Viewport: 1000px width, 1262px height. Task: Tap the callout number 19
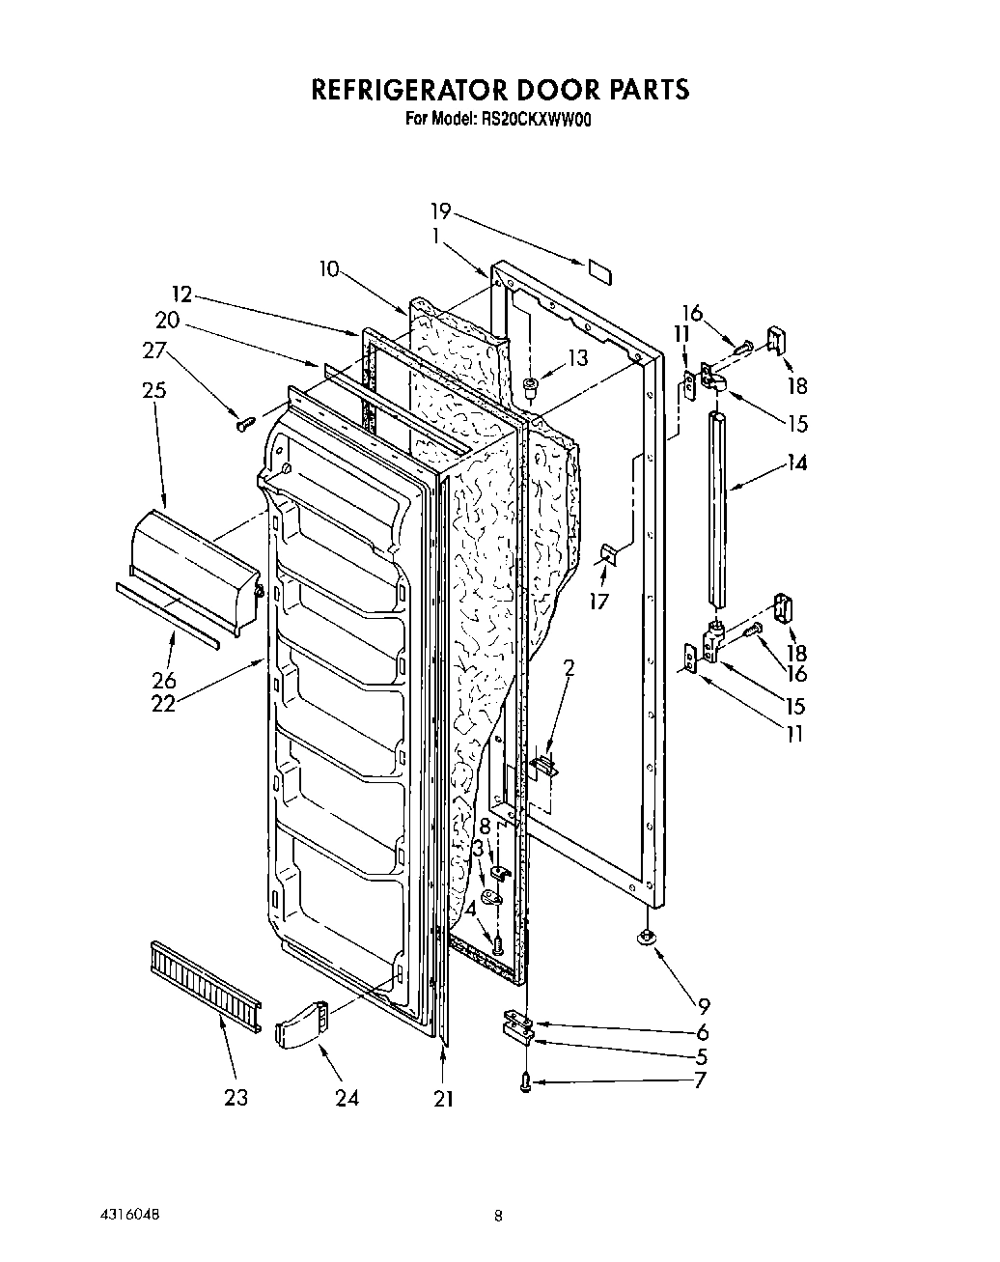[x=440, y=211]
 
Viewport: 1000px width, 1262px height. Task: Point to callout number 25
[x=153, y=390]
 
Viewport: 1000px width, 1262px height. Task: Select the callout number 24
[x=347, y=1098]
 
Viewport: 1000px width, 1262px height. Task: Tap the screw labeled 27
[x=244, y=421]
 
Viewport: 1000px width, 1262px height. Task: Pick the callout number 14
[x=795, y=463]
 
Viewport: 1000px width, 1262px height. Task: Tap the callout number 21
[x=443, y=1098]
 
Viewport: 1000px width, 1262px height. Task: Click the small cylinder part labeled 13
[x=530, y=388]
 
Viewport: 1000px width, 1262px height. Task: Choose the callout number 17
[x=599, y=602]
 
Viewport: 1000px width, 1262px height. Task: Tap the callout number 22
[x=163, y=704]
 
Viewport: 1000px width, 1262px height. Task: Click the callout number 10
[x=329, y=269]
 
